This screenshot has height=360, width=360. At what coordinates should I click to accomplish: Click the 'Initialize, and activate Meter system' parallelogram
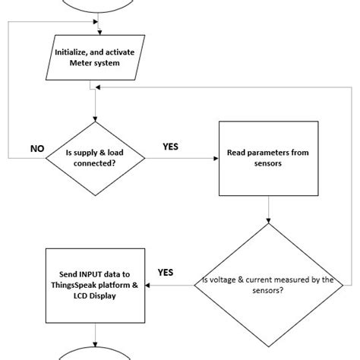point(94,57)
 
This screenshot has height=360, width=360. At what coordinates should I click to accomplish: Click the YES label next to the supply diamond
point(170,147)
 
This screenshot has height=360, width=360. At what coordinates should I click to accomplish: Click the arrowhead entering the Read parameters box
point(215,158)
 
